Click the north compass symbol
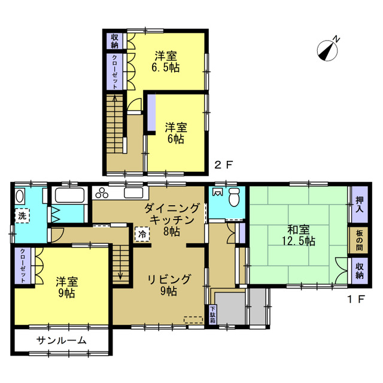328,50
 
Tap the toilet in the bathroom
235,197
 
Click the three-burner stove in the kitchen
102,193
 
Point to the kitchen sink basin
133,193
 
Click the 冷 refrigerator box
142,234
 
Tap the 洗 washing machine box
22,215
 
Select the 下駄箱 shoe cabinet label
212,315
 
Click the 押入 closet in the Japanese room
359,204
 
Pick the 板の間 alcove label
359,241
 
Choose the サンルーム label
61,340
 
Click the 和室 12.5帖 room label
299,235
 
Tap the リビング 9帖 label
169,285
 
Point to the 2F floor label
223,165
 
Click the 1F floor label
356,299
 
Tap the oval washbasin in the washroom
20,196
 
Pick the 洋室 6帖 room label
176,133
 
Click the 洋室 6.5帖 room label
166,62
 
